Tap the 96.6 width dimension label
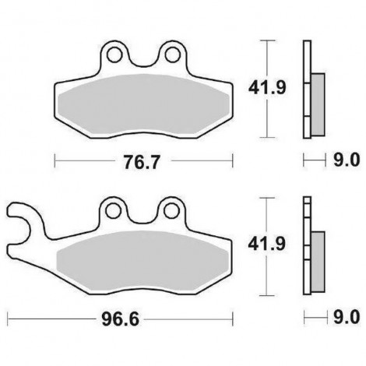120,319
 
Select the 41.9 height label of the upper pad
267,87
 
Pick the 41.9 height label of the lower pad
267,244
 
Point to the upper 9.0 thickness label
347,160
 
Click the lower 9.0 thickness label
347,317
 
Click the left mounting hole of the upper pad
114,55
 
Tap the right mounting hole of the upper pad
172,55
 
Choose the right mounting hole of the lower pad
171,211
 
